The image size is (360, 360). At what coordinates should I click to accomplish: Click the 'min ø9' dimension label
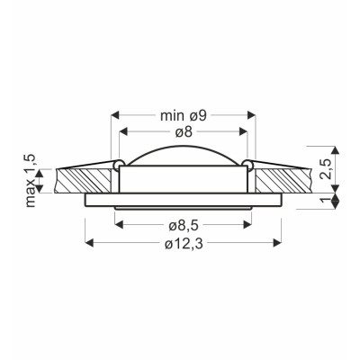(x=184, y=115)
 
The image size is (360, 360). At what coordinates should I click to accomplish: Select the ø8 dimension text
(x=184, y=132)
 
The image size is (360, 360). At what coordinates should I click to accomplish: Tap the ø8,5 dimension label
(x=184, y=226)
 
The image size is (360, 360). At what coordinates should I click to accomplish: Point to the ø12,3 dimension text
(x=184, y=245)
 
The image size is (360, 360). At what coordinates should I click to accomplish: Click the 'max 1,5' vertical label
(x=31, y=181)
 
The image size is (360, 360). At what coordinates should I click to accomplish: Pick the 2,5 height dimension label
(x=325, y=169)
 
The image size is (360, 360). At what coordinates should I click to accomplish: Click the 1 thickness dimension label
(x=325, y=201)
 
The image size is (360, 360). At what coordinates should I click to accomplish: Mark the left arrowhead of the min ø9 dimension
(x=115, y=114)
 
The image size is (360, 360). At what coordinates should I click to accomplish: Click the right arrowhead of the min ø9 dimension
(x=251, y=114)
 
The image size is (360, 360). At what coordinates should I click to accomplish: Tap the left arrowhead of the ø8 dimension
(x=124, y=131)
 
